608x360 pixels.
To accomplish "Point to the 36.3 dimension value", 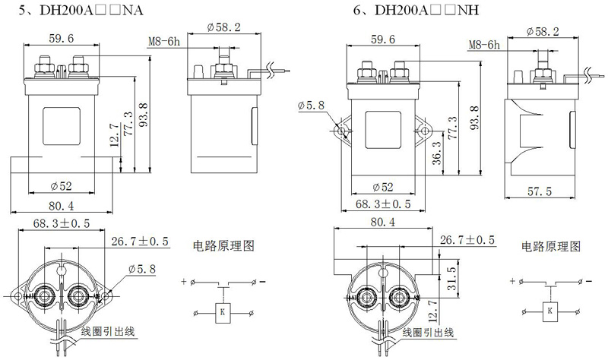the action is [438, 153].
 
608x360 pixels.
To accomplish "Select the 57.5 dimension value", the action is [540, 191].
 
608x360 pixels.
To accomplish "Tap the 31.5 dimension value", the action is [452, 278].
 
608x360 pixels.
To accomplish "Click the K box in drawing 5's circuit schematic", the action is [222, 312].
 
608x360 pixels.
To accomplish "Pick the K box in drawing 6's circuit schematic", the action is [549, 311].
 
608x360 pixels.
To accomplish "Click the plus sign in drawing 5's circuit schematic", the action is [184, 282].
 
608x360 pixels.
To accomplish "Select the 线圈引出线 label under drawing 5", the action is [108, 332].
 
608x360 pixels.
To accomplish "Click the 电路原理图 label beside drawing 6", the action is [550, 247].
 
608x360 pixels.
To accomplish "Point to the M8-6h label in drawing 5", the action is [164, 42].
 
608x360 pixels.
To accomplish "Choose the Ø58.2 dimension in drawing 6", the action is [543, 31].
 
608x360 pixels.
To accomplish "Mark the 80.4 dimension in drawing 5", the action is [62, 205].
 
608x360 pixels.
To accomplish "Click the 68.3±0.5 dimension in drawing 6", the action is [383, 204].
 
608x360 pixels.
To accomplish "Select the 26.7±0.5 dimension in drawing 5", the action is [140, 242].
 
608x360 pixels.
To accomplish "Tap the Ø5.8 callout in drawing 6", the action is [312, 106].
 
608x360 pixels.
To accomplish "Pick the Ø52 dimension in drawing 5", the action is [62, 186].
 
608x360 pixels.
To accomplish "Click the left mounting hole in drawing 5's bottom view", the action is [17, 296].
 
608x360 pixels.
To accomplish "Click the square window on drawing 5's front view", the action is [62, 125].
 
